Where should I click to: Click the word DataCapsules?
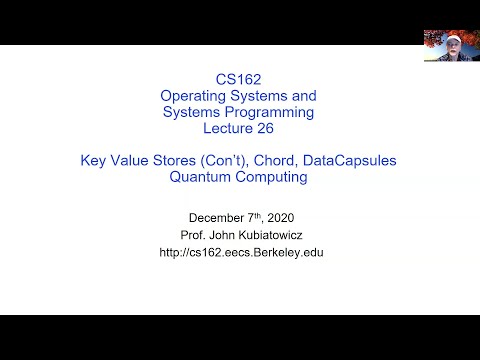pyautogui.click(x=339, y=161)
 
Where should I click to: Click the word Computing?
pyautogui.click(x=271, y=178)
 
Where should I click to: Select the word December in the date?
pyautogui.click(x=218, y=217)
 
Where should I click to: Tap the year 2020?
pyautogui.click(x=281, y=217)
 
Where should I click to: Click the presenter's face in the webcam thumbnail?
pyautogui.click(x=450, y=43)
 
